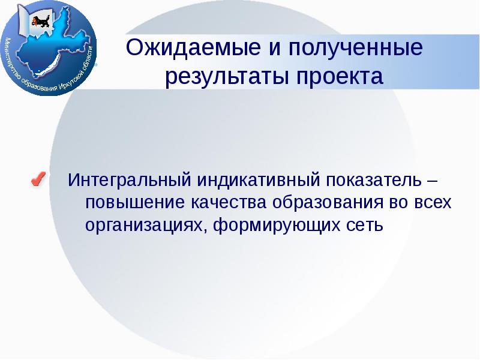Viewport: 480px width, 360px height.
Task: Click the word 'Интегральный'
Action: tap(129, 180)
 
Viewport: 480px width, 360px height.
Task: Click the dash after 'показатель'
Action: tap(434, 180)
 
